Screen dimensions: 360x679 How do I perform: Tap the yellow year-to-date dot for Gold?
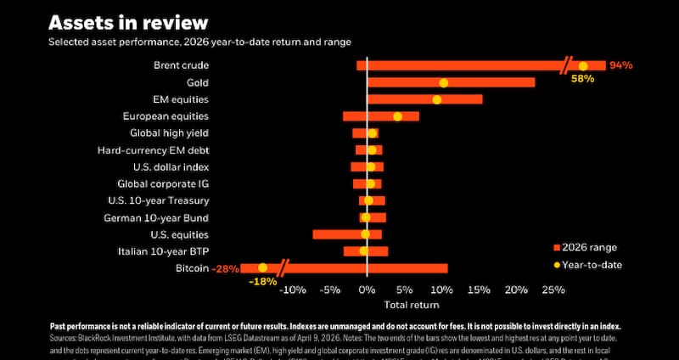[444, 82]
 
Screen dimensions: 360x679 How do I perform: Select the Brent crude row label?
[181, 65]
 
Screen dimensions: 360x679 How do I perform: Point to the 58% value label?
[582, 79]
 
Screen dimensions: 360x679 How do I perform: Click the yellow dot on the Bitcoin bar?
[262, 268]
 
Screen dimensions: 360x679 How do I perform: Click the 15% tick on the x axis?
[479, 290]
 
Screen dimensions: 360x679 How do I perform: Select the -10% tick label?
[293, 290]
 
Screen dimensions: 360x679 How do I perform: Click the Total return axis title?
[412, 304]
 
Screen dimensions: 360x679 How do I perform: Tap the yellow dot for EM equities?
[437, 99]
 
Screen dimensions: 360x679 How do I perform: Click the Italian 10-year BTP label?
[163, 251]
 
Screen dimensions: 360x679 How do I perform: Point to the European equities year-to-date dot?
[397, 116]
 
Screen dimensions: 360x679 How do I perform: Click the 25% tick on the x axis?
[553, 290]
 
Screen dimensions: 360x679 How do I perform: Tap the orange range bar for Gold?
[492, 82]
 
